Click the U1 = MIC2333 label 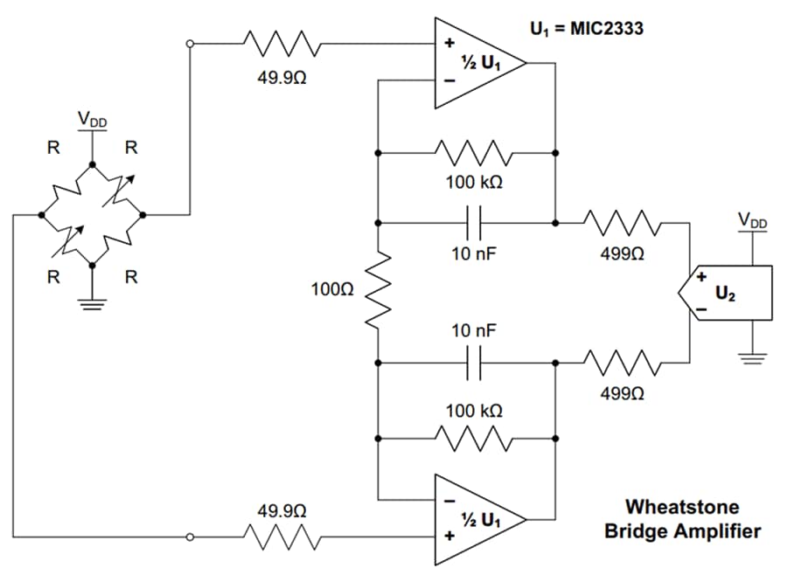[587, 29]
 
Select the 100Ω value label [332, 287]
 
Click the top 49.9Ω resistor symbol [282, 42]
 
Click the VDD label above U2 [752, 223]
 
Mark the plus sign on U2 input [700, 278]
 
